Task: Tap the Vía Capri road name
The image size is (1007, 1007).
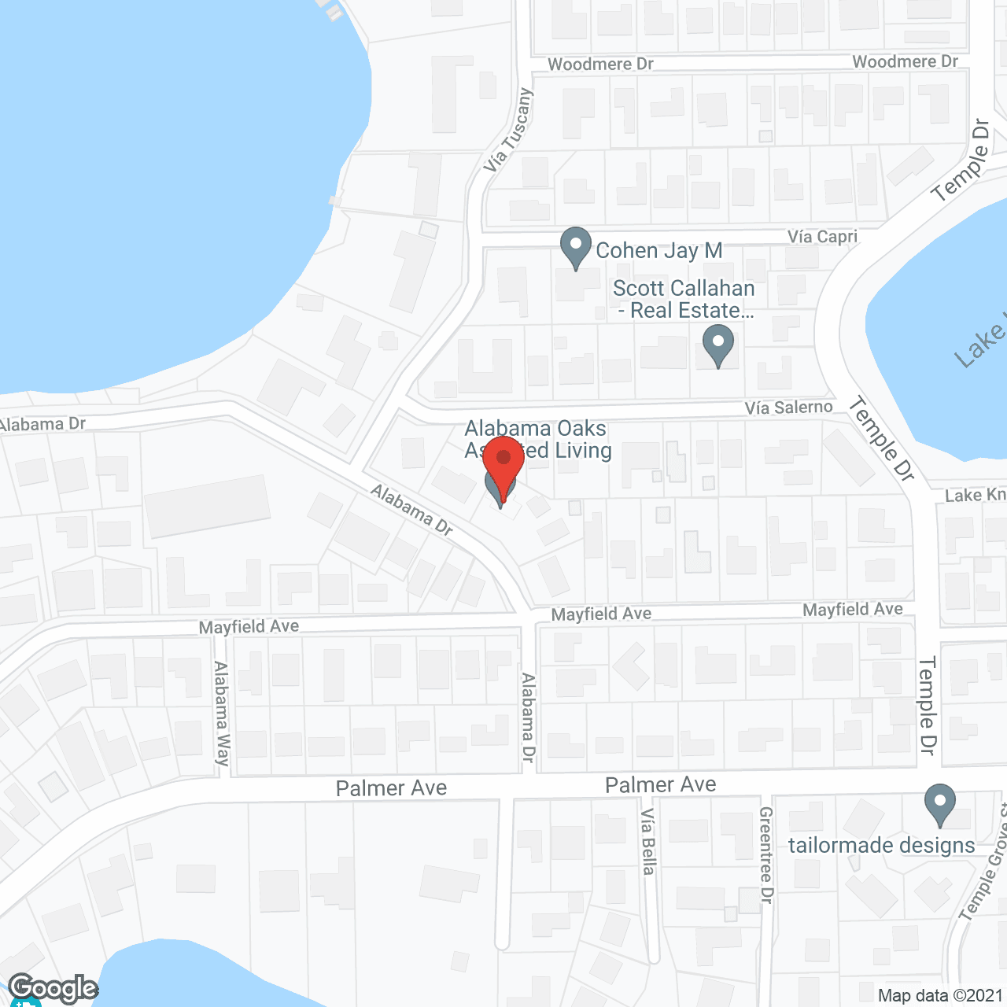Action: [x=822, y=237]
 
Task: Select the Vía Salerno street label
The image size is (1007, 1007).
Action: [x=788, y=408]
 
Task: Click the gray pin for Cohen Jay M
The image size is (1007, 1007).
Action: [x=576, y=247]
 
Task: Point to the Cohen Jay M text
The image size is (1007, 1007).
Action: [x=659, y=251]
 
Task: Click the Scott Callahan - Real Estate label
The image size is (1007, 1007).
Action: [x=684, y=300]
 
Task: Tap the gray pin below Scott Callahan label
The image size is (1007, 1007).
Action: [x=717, y=347]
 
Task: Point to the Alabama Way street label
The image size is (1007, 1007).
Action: [x=222, y=713]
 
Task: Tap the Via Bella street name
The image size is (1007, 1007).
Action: [x=647, y=841]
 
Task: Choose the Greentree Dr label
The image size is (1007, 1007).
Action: [x=766, y=854]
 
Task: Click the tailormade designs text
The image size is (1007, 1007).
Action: [x=881, y=846]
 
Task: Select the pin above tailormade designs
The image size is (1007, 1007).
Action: [x=939, y=805]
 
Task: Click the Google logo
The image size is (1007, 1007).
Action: [x=53, y=988]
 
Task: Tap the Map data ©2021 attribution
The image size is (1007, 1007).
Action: [x=940, y=996]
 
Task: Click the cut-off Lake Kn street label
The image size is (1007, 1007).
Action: [x=975, y=495]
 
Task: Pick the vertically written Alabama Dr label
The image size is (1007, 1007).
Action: [x=528, y=717]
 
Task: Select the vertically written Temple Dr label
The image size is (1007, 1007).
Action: [x=928, y=706]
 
